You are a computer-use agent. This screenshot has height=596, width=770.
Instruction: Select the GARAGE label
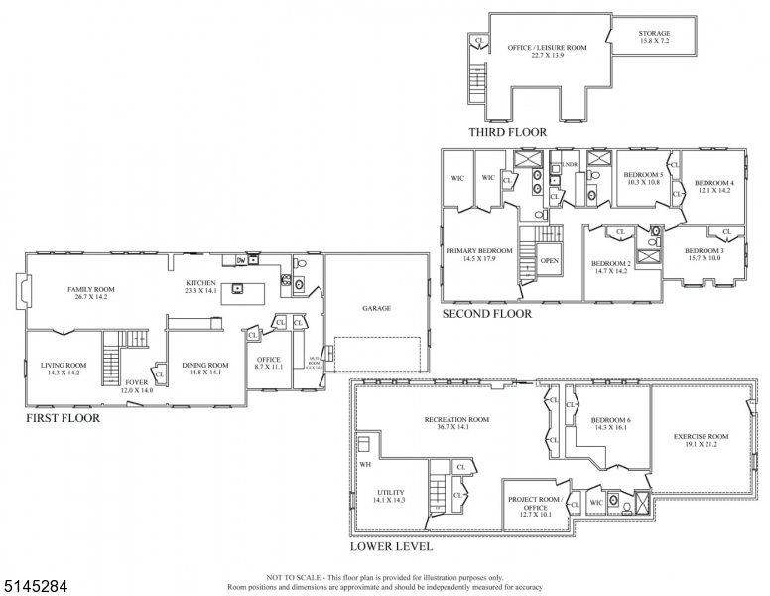pos(376,308)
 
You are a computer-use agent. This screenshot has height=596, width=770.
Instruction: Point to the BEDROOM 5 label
pos(643,178)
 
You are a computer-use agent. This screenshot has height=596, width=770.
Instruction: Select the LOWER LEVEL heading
pos(392,547)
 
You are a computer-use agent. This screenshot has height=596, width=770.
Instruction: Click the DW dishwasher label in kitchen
pos(241,260)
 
